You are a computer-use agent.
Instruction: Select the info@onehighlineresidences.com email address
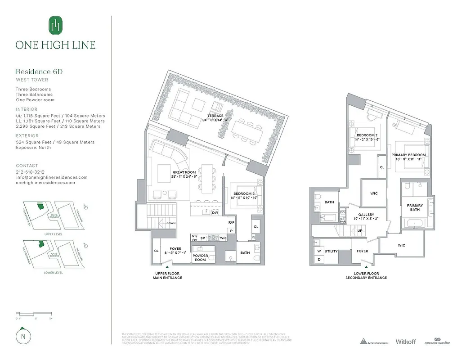click(x=51, y=177)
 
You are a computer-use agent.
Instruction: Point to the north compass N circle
click(x=22, y=336)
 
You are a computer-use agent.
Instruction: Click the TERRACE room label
click(x=215, y=116)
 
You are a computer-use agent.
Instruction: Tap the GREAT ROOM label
click(x=184, y=172)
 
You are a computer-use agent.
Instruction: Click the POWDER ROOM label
click(x=201, y=258)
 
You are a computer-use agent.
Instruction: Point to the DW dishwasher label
click(x=215, y=212)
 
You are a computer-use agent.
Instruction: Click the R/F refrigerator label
click(x=231, y=222)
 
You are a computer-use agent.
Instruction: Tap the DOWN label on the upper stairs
click(x=171, y=223)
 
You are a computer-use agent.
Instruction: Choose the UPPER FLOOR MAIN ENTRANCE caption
click(x=167, y=276)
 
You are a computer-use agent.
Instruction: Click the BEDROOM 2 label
click(x=367, y=135)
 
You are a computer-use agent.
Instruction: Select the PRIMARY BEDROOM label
click(x=411, y=155)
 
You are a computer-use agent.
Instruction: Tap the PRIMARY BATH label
click(x=415, y=207)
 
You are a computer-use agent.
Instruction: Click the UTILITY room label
click(x=331, y=251)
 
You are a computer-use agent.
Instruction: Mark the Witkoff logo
click(x=406, y=342)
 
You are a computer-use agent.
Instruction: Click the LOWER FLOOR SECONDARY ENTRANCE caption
click(x=366, y=276)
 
